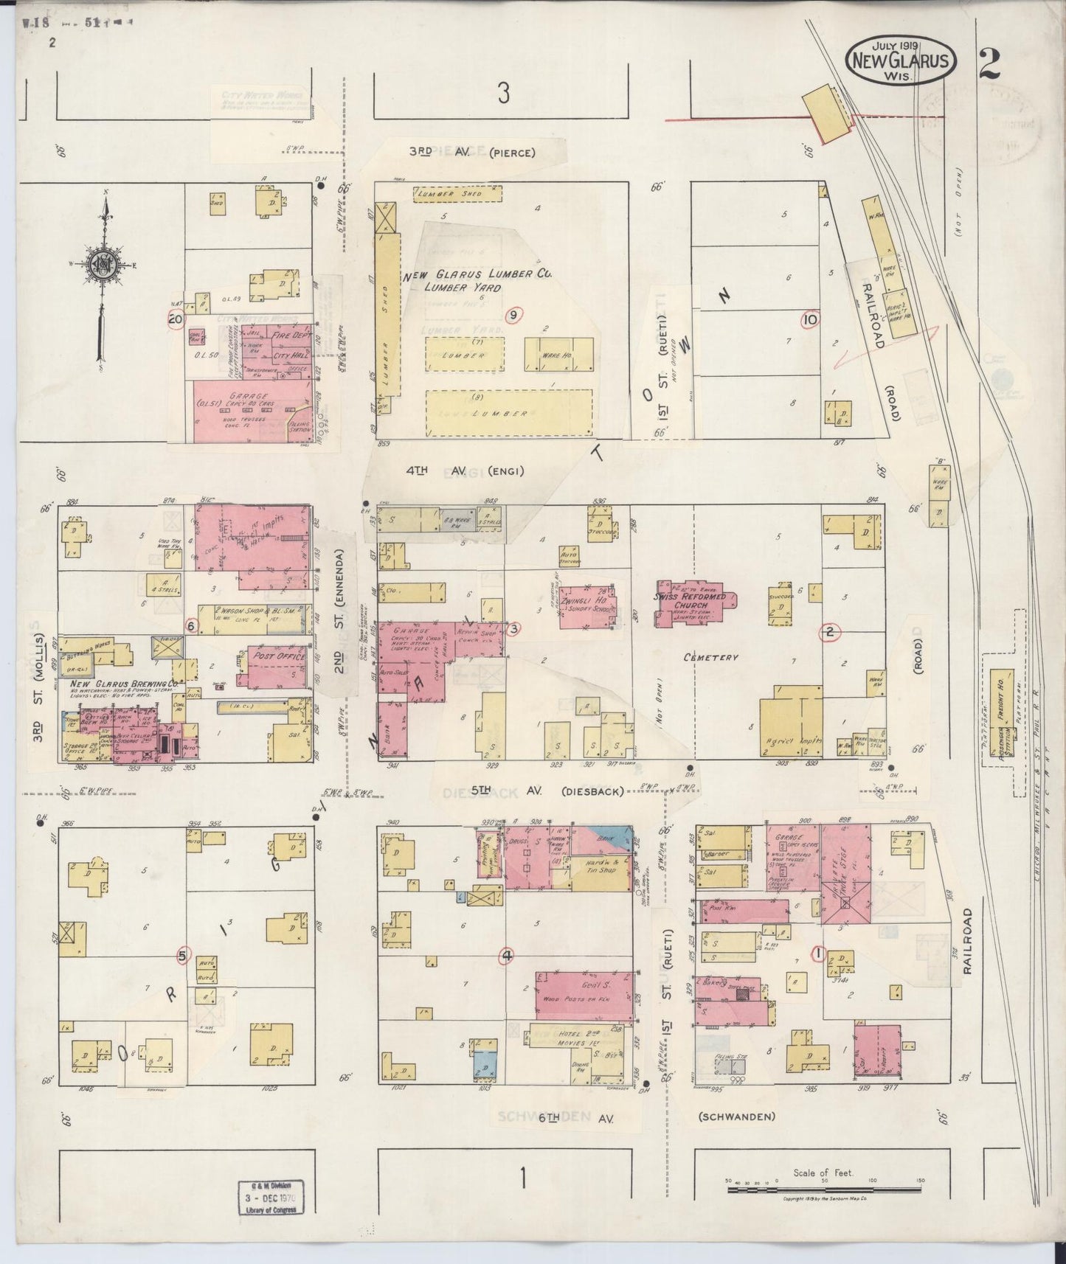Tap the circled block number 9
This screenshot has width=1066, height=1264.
513,315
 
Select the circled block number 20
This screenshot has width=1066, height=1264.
175,320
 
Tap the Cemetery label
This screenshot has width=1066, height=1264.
710,657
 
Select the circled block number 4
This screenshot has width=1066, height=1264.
507,956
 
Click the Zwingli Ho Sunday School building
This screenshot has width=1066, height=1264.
587,606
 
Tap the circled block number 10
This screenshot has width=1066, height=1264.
809,319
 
